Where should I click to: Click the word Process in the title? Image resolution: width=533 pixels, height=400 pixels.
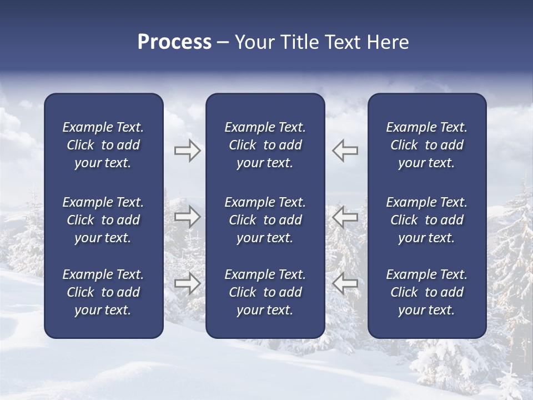click(174, 42)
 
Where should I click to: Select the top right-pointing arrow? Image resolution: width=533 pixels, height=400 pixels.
click(187, 151)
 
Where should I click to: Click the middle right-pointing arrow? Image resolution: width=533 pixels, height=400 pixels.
click(187, 217)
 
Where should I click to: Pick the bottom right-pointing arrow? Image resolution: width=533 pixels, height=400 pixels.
click(187, 283)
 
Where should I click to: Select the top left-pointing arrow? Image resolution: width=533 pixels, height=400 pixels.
click(345, 150)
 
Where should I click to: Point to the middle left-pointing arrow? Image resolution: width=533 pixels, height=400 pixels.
click(345, 217)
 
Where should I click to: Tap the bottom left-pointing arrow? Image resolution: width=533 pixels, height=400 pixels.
click(345, 283)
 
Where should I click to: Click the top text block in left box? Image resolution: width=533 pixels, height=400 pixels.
click(103, 145)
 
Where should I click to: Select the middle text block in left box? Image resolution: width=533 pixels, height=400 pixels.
click(103, 220)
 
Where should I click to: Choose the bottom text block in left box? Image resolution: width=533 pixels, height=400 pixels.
click(103, 292)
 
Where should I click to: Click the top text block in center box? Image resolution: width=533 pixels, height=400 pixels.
click(265, 145)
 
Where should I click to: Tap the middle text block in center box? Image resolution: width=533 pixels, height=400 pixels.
click(265, 220)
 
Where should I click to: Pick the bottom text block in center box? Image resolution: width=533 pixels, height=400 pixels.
click(265, 292)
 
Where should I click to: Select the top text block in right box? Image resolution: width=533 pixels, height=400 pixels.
click(426, 145)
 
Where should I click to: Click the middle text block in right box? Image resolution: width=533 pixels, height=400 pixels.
click(426, 220)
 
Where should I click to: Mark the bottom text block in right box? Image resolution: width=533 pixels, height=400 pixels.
click(426, 292)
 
